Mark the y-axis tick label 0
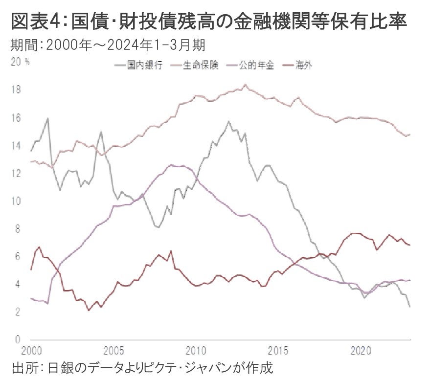click(x=17, y=339)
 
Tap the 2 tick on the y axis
click(x=17, y=312)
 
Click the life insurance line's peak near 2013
click(x=245, y=85)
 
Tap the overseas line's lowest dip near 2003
click(x=89, y=310)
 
